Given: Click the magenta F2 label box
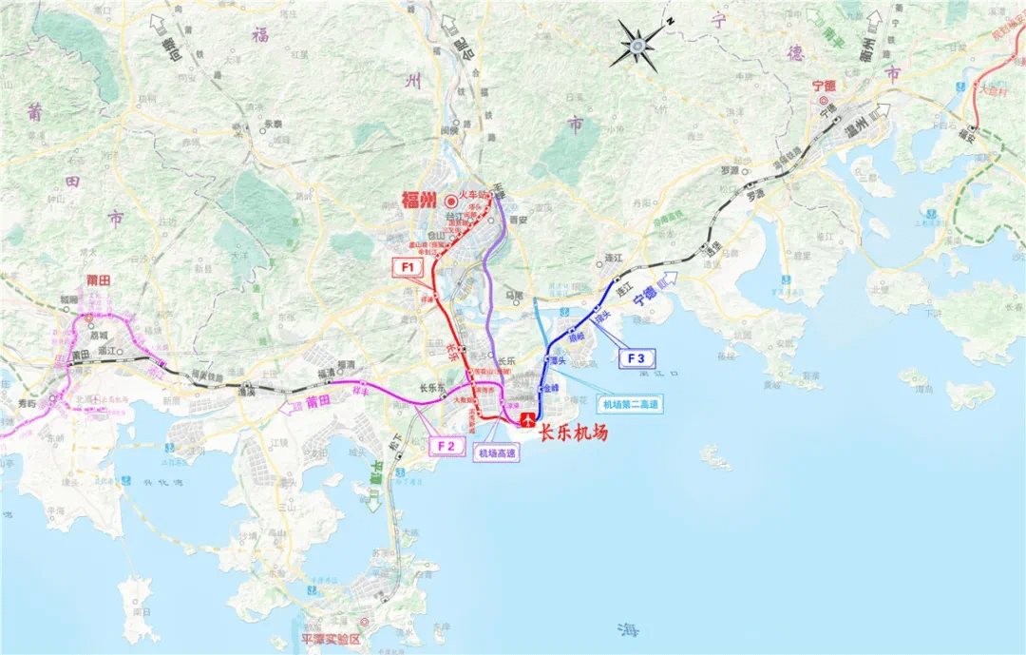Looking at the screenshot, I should [x=447, y=444].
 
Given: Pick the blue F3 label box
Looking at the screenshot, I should [x=636, y=358].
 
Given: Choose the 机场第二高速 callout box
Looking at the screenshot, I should [x=629, y=405].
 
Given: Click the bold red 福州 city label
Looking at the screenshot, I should [x=418, y=200].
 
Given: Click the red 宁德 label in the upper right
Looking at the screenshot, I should [x=822, y=86].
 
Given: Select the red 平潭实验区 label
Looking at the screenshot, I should [x=330, y=640].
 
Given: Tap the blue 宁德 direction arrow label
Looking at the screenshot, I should [x=646, y=291].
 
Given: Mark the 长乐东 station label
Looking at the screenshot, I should [x=432, y=388].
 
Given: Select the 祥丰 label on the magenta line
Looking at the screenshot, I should [x=360, y=392].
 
